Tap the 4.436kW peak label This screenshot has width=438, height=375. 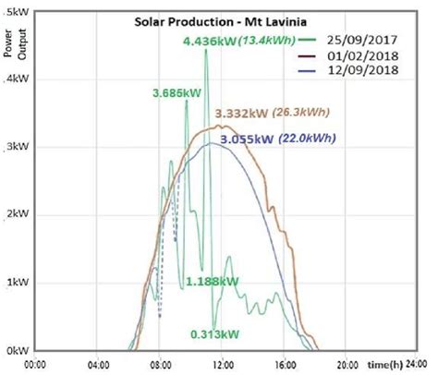211,42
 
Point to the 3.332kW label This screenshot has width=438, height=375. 243,114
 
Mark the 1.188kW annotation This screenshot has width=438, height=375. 212,282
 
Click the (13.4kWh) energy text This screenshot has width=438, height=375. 270,42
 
